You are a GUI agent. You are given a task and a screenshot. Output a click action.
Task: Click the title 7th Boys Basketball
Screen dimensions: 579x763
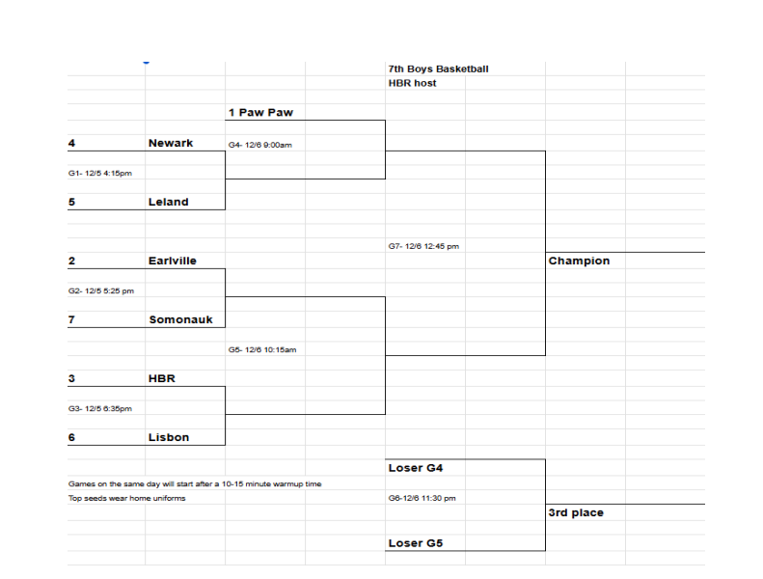point(438,69)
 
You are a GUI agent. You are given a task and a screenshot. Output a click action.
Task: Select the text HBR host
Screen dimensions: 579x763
point(412,84)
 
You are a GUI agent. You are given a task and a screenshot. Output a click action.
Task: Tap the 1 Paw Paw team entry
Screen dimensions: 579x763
point(260,113)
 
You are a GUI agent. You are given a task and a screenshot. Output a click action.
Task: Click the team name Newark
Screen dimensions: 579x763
point(171,143)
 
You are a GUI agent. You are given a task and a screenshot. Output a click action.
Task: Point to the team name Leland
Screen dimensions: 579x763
point(169,203)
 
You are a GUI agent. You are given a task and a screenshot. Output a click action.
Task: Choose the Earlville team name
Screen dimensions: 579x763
point(173,262)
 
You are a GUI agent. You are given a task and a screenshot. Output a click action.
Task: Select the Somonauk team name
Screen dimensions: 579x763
point(180,320)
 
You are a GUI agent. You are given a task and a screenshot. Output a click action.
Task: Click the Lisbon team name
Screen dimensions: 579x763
point(169,438)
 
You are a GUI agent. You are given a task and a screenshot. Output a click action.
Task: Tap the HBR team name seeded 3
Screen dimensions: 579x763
point(162,379)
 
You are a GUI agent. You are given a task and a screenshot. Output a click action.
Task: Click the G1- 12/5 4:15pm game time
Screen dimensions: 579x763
point(99,174)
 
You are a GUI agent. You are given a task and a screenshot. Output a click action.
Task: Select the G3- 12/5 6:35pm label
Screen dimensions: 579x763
point(99,409)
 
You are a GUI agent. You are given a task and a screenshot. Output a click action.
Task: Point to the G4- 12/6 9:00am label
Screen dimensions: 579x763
point(259,145)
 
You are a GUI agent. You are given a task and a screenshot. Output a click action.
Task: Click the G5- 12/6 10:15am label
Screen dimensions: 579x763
point(262,350)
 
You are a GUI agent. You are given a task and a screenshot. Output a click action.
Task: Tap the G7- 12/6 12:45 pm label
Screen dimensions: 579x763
point(423,247)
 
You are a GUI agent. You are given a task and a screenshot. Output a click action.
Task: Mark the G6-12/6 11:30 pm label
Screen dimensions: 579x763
point(422,499)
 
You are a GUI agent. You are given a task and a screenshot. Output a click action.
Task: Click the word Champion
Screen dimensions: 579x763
point(579,262)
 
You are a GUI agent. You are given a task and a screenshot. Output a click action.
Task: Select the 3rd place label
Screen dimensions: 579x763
point(576,513)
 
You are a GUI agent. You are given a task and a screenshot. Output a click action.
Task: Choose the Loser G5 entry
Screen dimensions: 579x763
point(415,543)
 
